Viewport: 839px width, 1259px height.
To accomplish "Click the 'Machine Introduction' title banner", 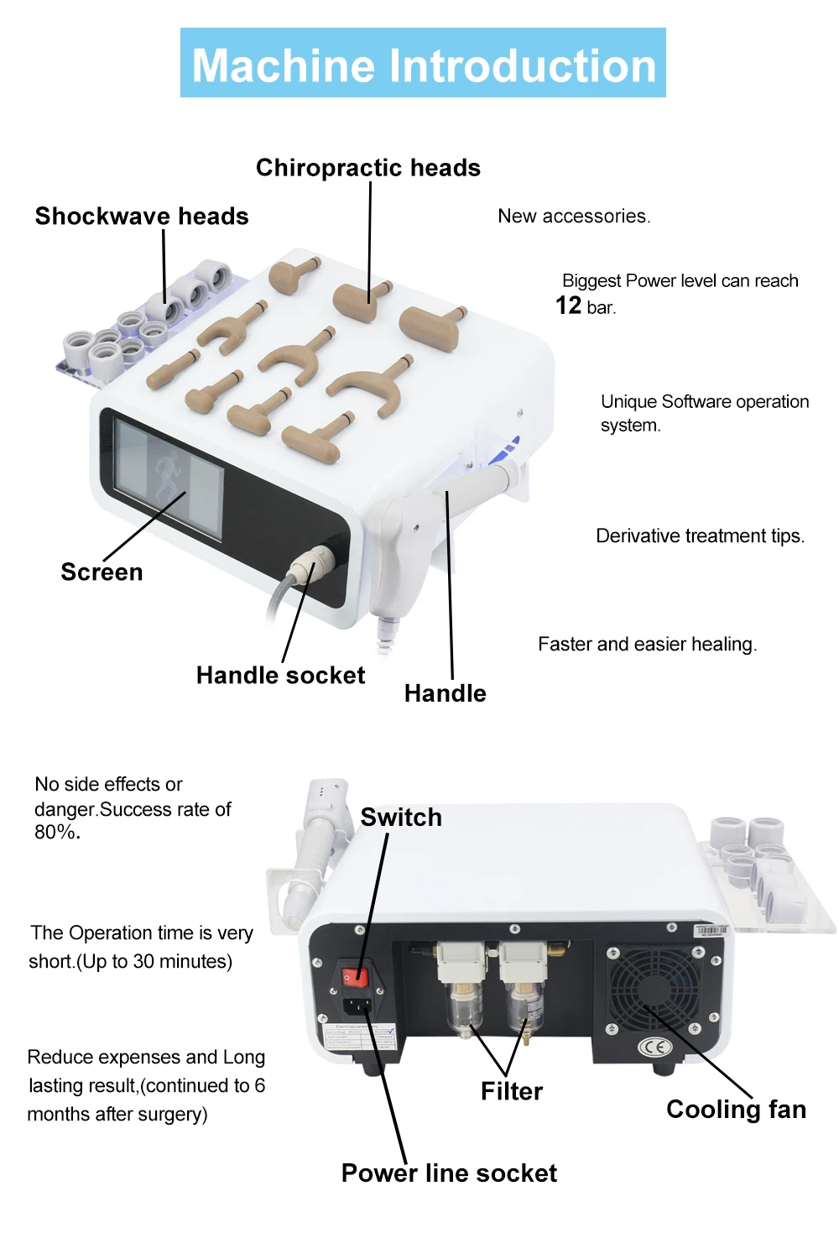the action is coord(423,64).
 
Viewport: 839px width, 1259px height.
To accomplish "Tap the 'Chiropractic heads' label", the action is coord(368,168).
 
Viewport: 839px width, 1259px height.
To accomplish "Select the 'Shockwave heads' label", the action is coord(142,217).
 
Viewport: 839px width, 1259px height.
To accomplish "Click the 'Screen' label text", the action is coord(102,572).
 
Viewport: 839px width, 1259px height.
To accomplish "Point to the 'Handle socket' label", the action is coord(280,676).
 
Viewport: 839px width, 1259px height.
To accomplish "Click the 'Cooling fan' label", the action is coord(736,1110).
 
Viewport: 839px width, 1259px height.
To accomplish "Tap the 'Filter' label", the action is coord(512,1091).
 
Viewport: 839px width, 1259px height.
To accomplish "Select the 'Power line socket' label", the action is coord(449,1173).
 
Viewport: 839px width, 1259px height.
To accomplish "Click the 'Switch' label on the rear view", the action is coord(401,818).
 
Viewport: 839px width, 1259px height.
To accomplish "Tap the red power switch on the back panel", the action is coord(355,976).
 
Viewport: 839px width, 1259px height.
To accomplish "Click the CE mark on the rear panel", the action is coord(655,1047).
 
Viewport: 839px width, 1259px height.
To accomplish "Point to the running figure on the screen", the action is coord(167,473).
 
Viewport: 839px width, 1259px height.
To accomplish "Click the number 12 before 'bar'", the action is coord(568,306).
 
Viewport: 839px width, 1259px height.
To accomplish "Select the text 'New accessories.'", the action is coord(574,217).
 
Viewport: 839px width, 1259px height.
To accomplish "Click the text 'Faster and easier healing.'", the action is coord(647,645).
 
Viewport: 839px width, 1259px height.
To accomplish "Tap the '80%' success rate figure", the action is coord(56,833).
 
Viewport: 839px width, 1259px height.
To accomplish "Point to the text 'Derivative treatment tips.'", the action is coord(700,536).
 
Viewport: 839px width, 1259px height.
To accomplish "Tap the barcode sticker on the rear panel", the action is coord(709,931).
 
